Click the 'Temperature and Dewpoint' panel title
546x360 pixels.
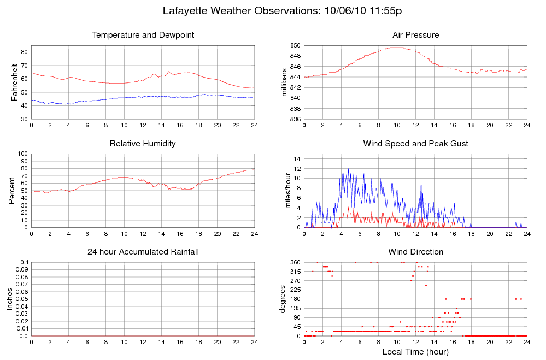point(143,36)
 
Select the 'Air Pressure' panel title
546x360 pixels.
point(415,36)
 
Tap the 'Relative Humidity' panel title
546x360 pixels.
point(143,144)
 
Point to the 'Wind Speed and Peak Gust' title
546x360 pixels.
point(415,144)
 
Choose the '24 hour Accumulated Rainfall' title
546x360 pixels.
point(143,252)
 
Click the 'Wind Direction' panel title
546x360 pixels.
point(415,252)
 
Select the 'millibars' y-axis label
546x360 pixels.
point(284,82)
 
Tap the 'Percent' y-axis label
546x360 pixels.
point(12,191)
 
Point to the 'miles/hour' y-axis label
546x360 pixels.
point(284,191)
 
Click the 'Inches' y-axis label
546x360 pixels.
point(10,299)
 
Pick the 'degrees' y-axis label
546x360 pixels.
point(283,299)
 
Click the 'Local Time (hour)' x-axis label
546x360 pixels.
point(415,351)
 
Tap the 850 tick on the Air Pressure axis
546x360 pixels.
point(295,45)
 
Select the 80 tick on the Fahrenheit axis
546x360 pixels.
point(25,52)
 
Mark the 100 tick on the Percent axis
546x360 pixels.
point(23,154)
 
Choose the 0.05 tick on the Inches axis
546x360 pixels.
point(20,299)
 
